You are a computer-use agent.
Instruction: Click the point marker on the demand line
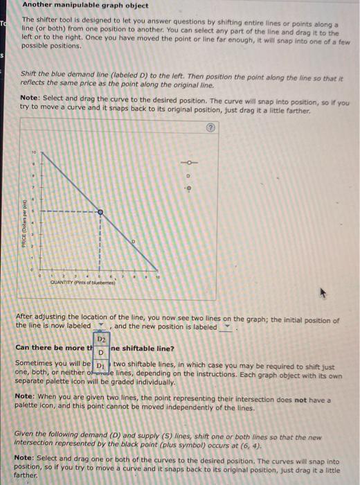click(x=100, y=211)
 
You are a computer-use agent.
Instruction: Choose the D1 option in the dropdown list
click(x=101, y=364)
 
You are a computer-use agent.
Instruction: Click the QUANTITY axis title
click(x=82, y=283)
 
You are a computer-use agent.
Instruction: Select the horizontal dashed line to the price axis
click(x=69, y=211)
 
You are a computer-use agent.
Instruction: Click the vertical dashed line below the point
click(x=100, y=242)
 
